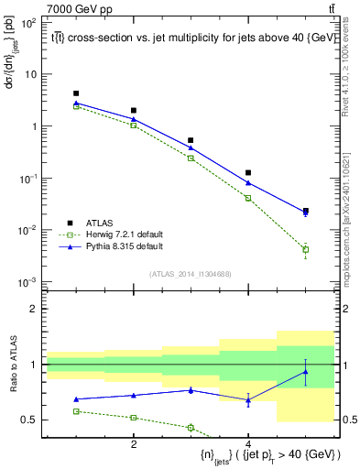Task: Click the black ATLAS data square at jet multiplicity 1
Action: [76, 93]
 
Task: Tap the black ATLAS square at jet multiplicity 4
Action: [248, 172]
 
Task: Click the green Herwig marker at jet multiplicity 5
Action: [306, 249]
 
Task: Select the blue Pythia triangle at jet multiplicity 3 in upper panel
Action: [191, 147]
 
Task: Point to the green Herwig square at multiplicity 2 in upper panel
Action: [134, 125]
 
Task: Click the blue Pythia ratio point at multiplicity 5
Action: [306, 371]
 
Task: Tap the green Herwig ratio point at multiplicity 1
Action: [76, 411]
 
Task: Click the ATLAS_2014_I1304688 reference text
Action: [191, 274]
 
